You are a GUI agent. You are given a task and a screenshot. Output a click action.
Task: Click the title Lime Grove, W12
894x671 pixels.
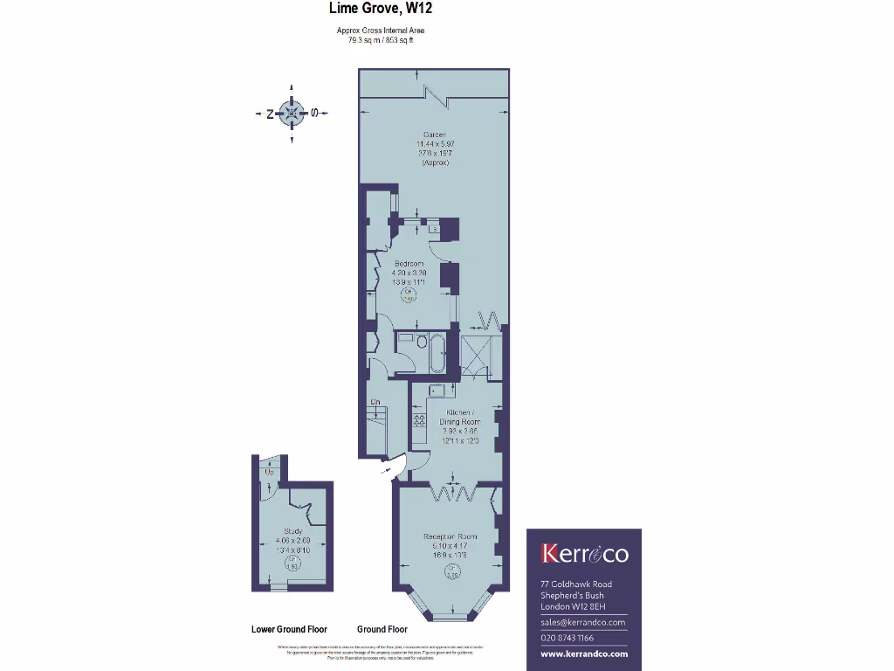[381, 10]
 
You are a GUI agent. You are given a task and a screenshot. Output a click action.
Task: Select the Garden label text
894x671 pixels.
[434, 135]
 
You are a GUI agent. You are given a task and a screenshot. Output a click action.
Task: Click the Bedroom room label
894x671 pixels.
[409, 264]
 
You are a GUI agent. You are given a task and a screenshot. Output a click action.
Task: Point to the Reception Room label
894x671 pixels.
[450, 536]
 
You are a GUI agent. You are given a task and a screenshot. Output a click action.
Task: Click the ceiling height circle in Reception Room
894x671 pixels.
[451, 573]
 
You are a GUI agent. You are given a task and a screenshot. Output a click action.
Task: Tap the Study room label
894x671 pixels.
[292, 531]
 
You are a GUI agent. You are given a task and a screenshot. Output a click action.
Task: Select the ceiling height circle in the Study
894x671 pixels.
[292, 565]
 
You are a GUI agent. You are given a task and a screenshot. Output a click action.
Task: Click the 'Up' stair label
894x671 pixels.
[270, 473]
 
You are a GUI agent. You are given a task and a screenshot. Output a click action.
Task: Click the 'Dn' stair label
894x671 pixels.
[375, 402]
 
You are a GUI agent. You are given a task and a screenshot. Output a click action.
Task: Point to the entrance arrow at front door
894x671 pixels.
[386, 472]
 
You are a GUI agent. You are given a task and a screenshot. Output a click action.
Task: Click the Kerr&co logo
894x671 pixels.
[584, 554]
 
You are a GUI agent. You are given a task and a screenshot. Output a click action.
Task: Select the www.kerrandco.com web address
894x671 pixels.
[584, 654]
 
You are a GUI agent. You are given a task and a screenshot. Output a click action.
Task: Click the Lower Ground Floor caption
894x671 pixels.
[289, 629]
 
